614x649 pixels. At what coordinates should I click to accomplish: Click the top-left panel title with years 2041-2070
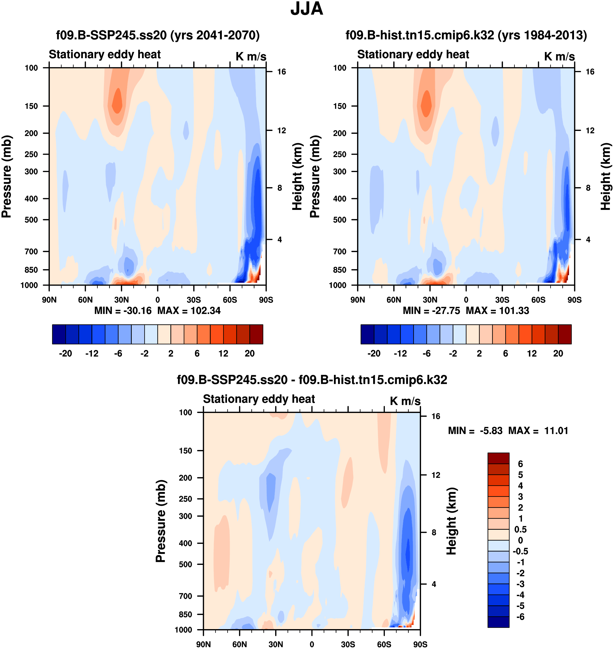(158, 35)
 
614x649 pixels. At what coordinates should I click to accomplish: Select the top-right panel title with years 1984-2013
(466, 35)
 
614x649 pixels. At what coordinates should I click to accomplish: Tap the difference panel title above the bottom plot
(312, 380)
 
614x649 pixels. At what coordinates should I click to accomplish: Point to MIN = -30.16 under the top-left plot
(123, 310)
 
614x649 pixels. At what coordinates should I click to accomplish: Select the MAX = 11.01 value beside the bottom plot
(538, 431)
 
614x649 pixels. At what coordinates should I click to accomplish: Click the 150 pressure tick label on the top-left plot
(31, 106)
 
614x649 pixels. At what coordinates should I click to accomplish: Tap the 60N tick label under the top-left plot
(85, 300)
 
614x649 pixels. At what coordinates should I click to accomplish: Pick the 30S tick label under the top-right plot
(502, 300)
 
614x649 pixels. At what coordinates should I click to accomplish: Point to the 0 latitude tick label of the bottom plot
(312, 644)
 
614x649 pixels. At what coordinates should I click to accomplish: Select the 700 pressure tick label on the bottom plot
(185, 596)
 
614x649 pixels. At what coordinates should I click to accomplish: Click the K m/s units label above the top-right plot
(559, 56)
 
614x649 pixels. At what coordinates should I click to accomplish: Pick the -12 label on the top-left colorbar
(92, 354)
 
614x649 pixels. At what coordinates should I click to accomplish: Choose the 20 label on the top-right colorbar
(558, 354)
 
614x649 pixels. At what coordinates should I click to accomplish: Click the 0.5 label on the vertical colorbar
(520, 529)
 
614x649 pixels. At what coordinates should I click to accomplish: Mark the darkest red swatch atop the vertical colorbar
(498, 458)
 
